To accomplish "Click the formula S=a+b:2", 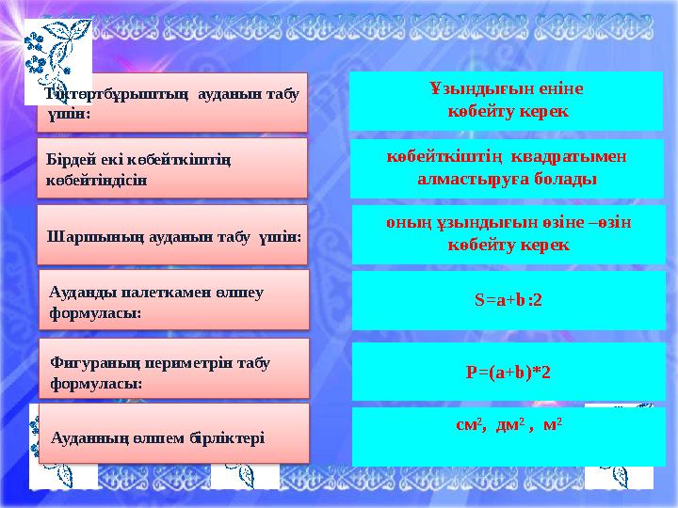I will point(508,300).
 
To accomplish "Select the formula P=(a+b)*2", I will point(508,371).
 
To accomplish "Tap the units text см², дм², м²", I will point(508,425).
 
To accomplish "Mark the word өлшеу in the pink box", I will point(239,292).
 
